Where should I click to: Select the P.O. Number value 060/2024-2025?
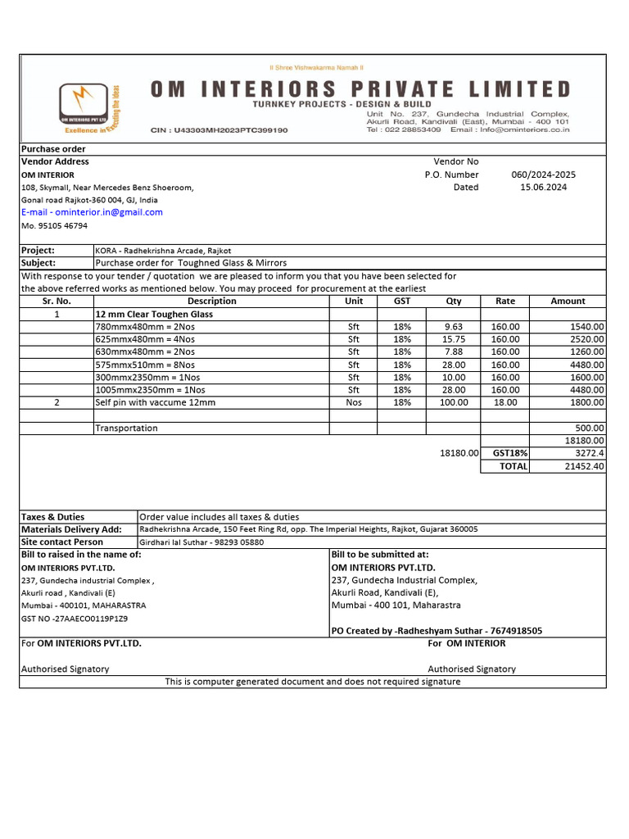tap(543, 175)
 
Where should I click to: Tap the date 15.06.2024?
tap(543, 187)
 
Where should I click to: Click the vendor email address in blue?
tap(92, 212)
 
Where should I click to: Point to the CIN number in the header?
tap(219, 130)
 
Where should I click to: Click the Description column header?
tap(211, 302)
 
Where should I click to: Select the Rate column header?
tap(505, 302)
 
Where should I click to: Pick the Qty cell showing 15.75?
tap(453, 339)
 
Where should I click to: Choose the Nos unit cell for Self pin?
tap(354, 402)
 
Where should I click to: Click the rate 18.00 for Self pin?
tap(505, 402)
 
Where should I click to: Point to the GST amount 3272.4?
tap(590, 453)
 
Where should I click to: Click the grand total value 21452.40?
tap(585, 466)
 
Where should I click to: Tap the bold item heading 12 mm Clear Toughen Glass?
tap(154, 315)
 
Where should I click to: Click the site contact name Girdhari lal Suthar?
tap(175, 542)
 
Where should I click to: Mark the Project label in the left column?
tap(38, 251)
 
